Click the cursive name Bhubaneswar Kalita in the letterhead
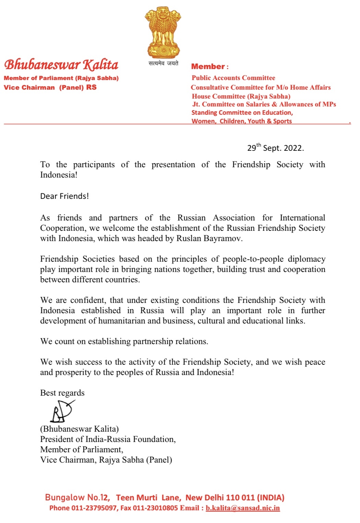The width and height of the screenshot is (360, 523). [61, 65]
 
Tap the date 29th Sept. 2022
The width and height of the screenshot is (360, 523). [275, 148]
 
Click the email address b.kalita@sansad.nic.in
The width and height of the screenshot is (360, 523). [243, 508]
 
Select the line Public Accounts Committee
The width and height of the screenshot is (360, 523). [233, 78]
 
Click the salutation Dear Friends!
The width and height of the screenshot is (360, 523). [65, 196]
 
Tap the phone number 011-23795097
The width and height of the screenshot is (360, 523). [94, 508]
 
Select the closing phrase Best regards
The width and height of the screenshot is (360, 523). [62, 393]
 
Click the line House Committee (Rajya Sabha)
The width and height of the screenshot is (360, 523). [241, 96]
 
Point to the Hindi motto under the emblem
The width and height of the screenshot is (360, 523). [163, 63]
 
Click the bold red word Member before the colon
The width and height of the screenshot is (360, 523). [208, 67]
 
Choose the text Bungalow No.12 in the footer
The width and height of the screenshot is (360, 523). [77, 497]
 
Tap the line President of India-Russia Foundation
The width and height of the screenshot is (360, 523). [108, 439]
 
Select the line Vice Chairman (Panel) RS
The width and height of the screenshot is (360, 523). [50, 87]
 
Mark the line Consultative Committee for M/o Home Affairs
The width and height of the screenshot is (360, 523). [261, 88]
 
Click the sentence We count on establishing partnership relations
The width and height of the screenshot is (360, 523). [124, 341]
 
